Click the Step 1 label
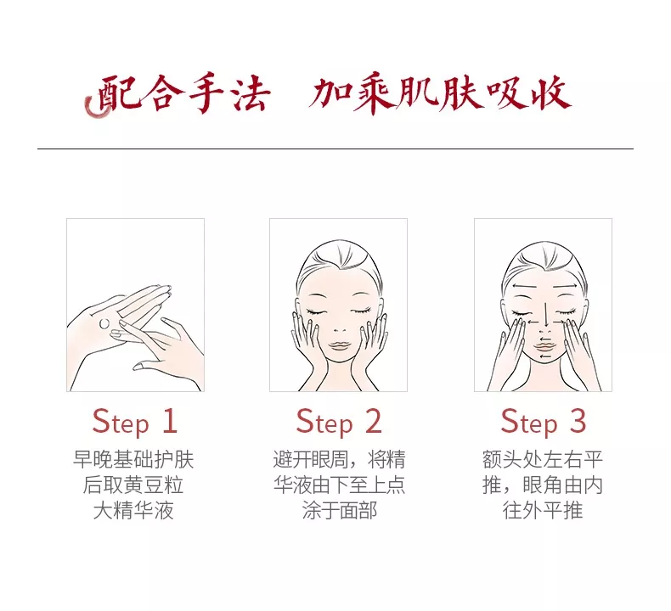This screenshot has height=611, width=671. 134,422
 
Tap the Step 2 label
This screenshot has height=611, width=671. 339,422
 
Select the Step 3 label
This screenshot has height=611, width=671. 543,422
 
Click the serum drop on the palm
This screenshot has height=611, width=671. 104,323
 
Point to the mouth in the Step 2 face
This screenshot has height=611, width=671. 339,345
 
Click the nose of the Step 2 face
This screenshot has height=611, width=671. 339,329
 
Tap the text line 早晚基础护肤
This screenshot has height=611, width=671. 133,460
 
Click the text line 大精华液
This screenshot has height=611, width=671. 133,510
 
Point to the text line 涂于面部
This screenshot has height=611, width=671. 340,510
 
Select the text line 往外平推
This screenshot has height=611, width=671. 543,510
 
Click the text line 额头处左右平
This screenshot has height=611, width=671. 543,460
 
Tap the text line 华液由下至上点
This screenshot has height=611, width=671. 340,485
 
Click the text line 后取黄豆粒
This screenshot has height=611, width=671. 133,485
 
